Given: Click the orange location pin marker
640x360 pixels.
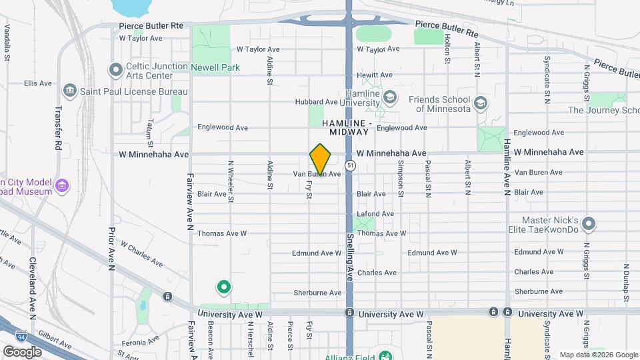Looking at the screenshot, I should coord(320,159).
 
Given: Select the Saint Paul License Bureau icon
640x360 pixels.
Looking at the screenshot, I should coord(69,91).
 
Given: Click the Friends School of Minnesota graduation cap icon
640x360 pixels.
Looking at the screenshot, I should coord(480,103).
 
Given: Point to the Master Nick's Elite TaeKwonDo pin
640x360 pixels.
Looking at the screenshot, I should coord(589,223).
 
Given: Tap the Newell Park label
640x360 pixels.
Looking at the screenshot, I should coord(215,67).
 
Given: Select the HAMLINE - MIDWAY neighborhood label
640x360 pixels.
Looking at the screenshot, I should coord(347,128).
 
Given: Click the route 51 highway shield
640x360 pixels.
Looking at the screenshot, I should coord(351,165).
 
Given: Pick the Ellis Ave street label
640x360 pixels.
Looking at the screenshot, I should coord(37,83).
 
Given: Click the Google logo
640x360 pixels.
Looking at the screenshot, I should coord(22,351).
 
